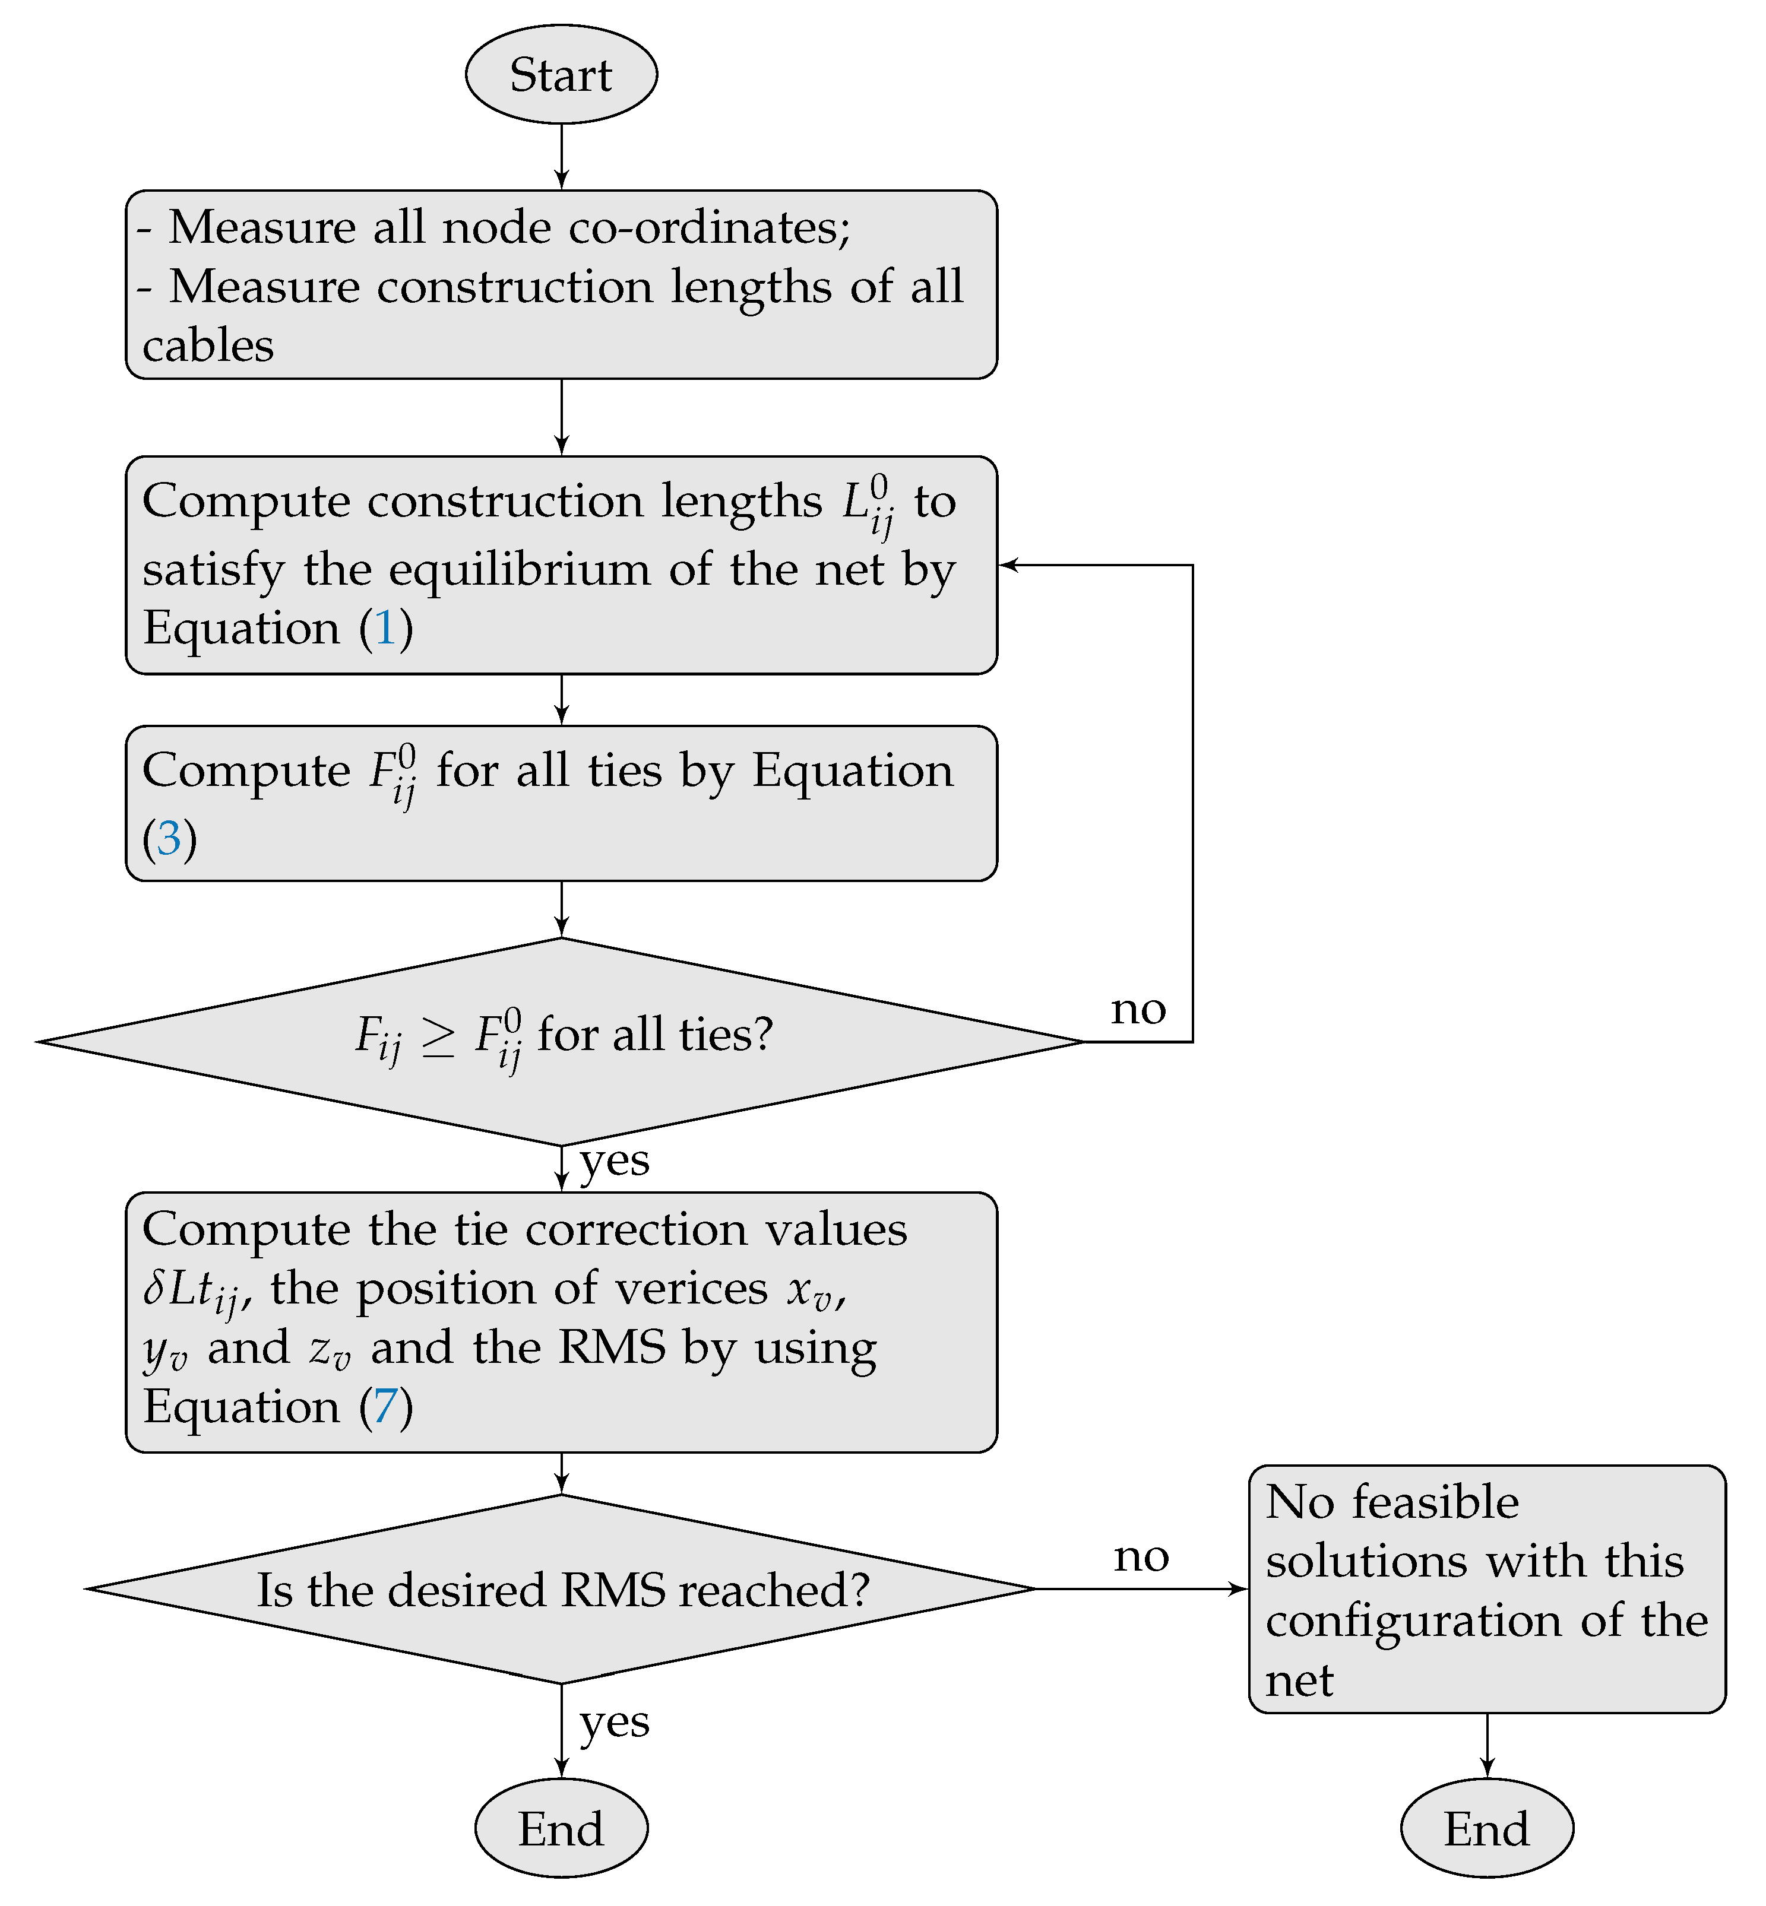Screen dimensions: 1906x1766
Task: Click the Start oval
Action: (561, 75)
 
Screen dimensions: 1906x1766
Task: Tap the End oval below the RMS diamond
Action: (561, 1829)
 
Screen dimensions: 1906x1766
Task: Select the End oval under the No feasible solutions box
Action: (1486, 1829)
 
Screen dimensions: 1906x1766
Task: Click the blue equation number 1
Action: (386, 629)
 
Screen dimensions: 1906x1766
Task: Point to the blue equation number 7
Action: (386, 1407)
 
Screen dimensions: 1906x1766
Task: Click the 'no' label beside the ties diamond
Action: (1138, 1010)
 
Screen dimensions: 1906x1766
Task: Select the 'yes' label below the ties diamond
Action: (615, 1162)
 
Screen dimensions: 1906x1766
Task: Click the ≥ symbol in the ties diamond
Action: (439, 1036)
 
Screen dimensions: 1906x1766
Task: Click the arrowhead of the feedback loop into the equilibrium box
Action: (1009, 566)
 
